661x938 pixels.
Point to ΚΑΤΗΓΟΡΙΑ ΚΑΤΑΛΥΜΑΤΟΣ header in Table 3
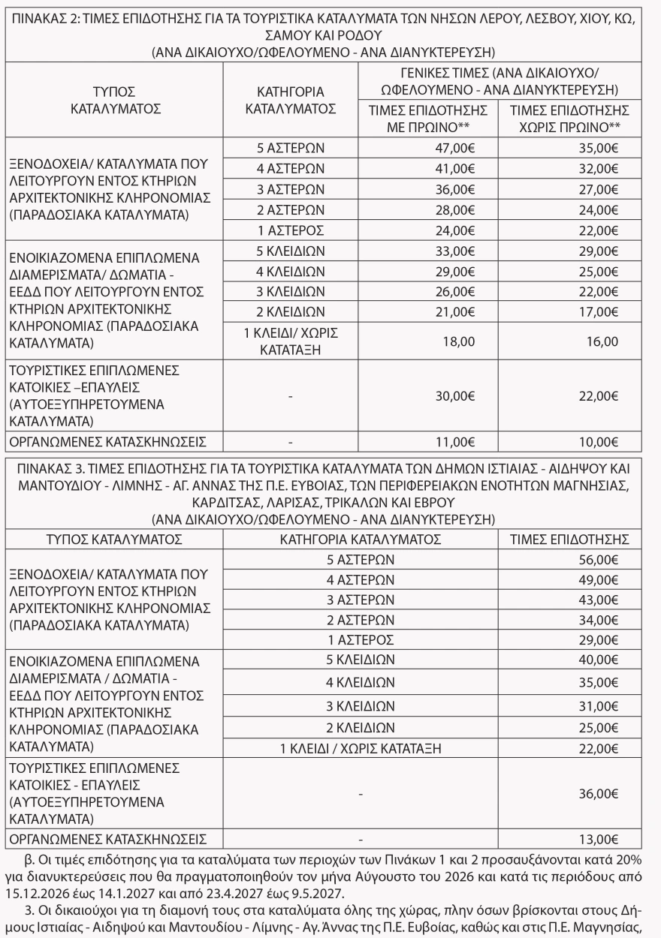pos(360,539)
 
